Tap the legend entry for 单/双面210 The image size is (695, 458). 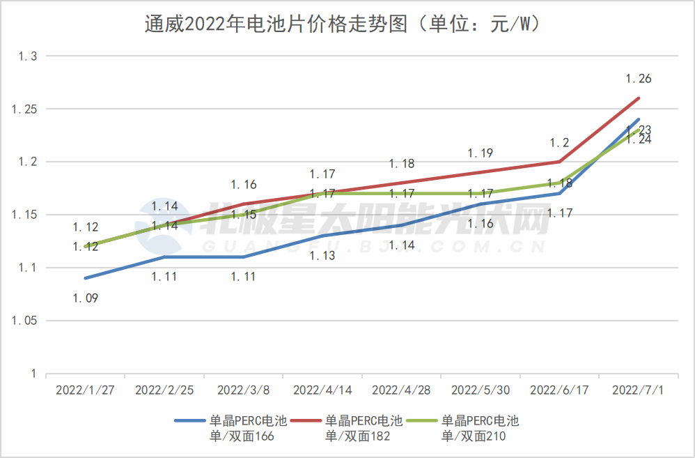[x=481, y=428]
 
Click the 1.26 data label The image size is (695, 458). [x=639, y=79]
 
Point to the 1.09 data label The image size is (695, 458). [x=86, y=298]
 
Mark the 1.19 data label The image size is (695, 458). [x=481, y=153]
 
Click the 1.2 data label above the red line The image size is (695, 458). [x=559, y=143]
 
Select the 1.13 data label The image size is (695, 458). [x=322, y=256]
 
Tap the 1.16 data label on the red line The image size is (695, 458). [x=244, y=185]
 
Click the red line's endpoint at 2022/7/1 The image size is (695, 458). [x=639, y=98]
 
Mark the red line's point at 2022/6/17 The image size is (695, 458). [x=559, y=162]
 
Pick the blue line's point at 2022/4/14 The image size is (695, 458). [x=322, y=236]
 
